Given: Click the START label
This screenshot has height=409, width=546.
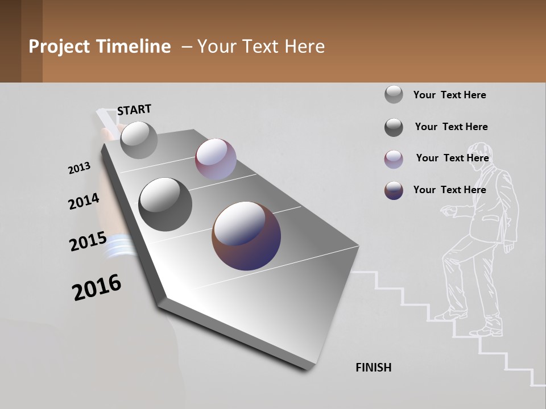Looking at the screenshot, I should (x=134, y=109).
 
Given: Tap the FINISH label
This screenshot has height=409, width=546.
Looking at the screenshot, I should (x=374, y=368).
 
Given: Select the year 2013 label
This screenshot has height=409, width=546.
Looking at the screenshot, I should (x=79, y=168).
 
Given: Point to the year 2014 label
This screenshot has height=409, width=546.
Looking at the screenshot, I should (x=84, y=202).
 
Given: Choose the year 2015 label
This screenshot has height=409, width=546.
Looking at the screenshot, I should (x=88, y=241).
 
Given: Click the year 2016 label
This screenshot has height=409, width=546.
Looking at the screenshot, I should (x=97, y=287).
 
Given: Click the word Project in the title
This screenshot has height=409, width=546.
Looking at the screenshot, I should (x=60, y=47).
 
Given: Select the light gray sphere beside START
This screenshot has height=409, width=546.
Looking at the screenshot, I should (x=139, y=140).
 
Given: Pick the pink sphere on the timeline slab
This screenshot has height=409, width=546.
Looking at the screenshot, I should (x=216, y=159).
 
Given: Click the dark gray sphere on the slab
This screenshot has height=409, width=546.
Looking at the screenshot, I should (x=165, y=204).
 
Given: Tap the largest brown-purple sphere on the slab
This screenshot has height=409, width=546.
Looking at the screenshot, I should (x=246, y=236).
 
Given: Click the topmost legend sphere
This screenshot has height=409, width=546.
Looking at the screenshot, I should (x=394, y=94).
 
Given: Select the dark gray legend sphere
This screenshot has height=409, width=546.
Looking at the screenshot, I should (x=394, y=127).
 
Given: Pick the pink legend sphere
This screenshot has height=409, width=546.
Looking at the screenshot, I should (x=394, y=159).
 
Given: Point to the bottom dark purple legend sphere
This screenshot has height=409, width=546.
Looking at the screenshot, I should (x=394, y=190).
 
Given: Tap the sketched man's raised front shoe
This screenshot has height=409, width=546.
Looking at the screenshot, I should (x=449, y=315).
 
